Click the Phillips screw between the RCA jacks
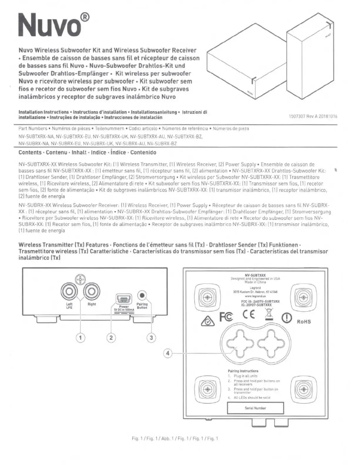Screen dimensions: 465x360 [81, 281]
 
